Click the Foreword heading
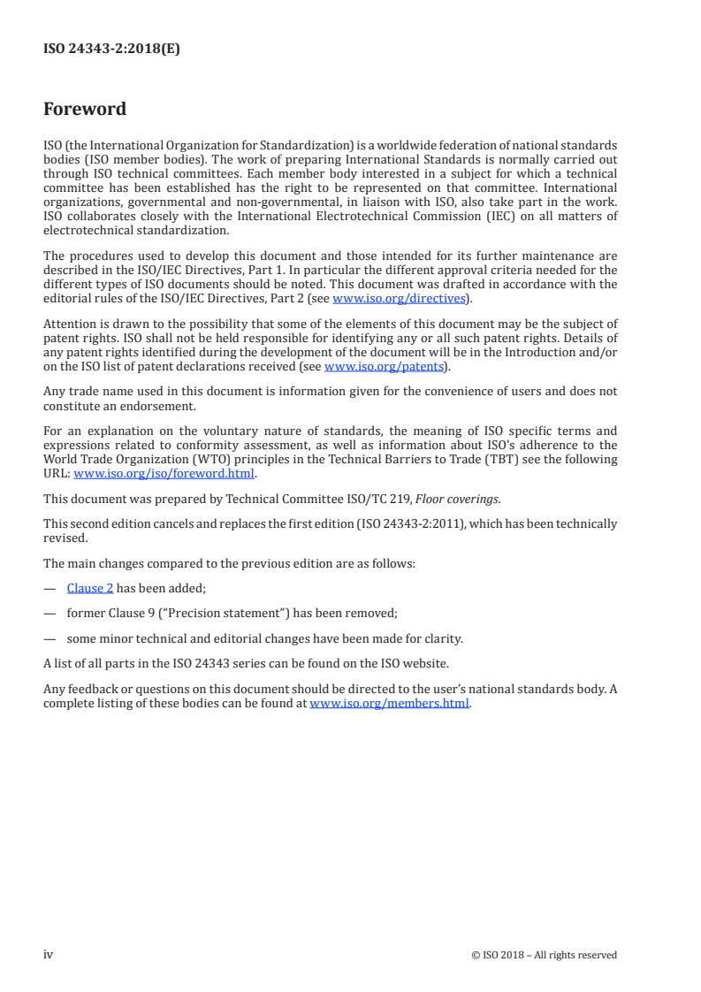pyautogui.click(x=85, y=110)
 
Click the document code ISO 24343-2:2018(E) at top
pyautogui.click(x=111, y=50)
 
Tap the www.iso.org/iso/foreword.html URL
pyautogui.click(x=164, y=473)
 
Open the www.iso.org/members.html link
pyautogui.click(x=390, y=705)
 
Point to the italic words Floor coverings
pyautogui.click(x=461, y=499)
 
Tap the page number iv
pyautogui.click(x=49, y=954)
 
